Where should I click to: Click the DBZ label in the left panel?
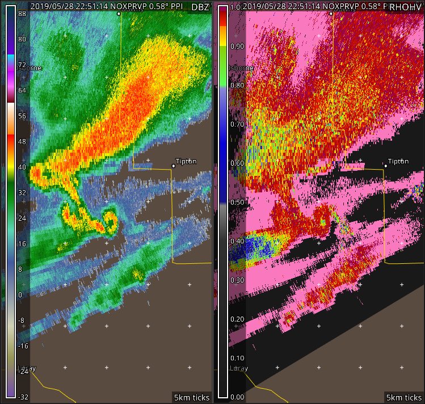[200, 7]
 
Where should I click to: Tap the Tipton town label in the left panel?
[186, 161]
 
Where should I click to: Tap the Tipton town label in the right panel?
[398, 161]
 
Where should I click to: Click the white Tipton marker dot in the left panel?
[173, 166]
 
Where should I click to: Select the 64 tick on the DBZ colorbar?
[23, 90]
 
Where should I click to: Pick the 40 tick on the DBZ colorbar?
[23, 167]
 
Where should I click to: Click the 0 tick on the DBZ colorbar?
[20, 294]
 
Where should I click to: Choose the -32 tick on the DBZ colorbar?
[23, 397]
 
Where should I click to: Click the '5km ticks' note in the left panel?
[191, 397]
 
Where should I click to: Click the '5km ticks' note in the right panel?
[403, 397]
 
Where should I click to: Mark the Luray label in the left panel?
[27, 369]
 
